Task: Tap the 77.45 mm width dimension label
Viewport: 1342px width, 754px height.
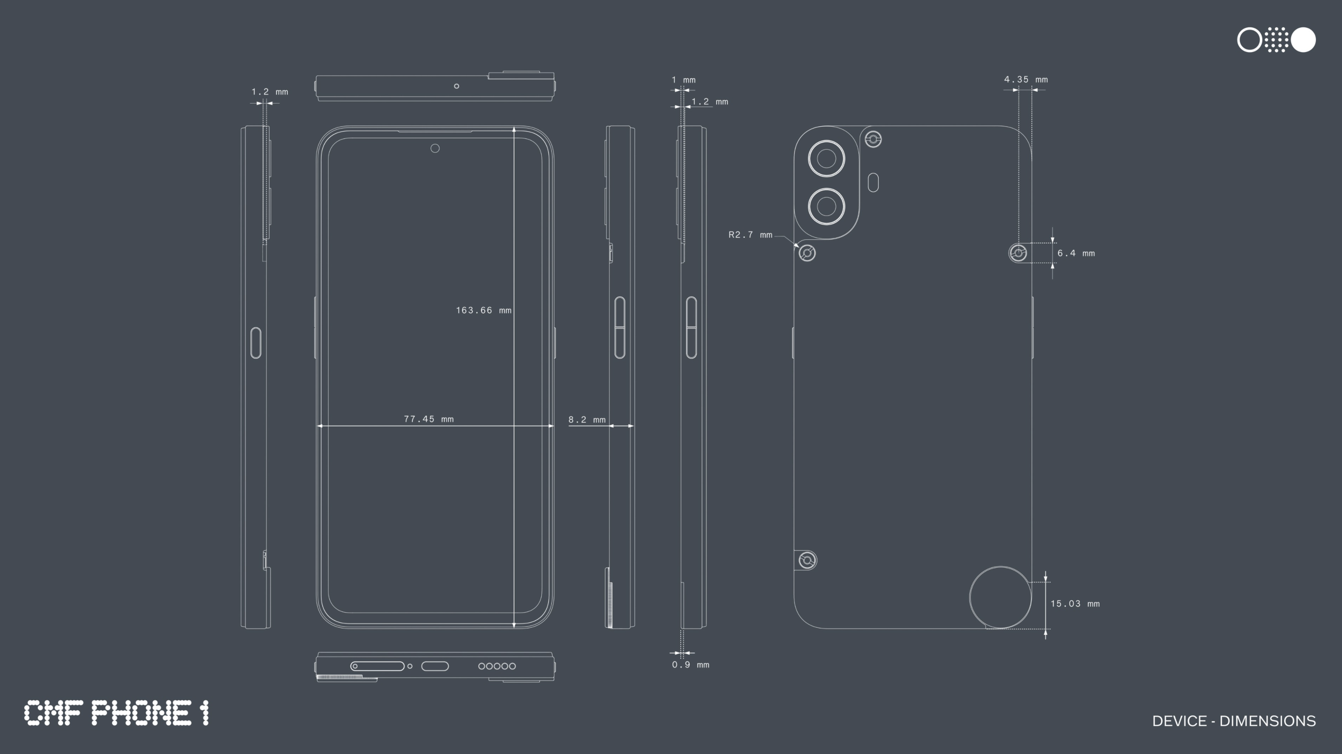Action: [428, 419]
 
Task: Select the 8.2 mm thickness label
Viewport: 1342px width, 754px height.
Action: [587, 419]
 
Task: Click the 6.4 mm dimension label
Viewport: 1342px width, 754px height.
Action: [1076, 253]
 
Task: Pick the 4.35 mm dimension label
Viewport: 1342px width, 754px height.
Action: [1025, 79]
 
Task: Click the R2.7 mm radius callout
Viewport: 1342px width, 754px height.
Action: [750, 235]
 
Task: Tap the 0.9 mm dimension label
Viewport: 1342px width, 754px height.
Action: [690, 664]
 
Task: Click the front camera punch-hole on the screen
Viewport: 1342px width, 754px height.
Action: [435, 148]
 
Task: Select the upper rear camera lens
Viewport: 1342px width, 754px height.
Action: [826, 158]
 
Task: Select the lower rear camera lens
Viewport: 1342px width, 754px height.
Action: [826, 206]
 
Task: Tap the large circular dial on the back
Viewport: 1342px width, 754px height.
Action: [1000, 597]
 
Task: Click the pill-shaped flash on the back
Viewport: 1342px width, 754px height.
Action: [874, 183]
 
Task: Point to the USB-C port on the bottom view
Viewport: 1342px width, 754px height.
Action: [434, 666]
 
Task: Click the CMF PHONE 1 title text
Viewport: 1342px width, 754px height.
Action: [116, 713]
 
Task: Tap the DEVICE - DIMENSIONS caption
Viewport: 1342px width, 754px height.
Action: [1234, 721]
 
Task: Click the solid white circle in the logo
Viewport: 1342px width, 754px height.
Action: [1303, 40]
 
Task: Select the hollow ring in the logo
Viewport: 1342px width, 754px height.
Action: [1249, 40]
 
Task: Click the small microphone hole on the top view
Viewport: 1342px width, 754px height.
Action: [456, 86]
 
